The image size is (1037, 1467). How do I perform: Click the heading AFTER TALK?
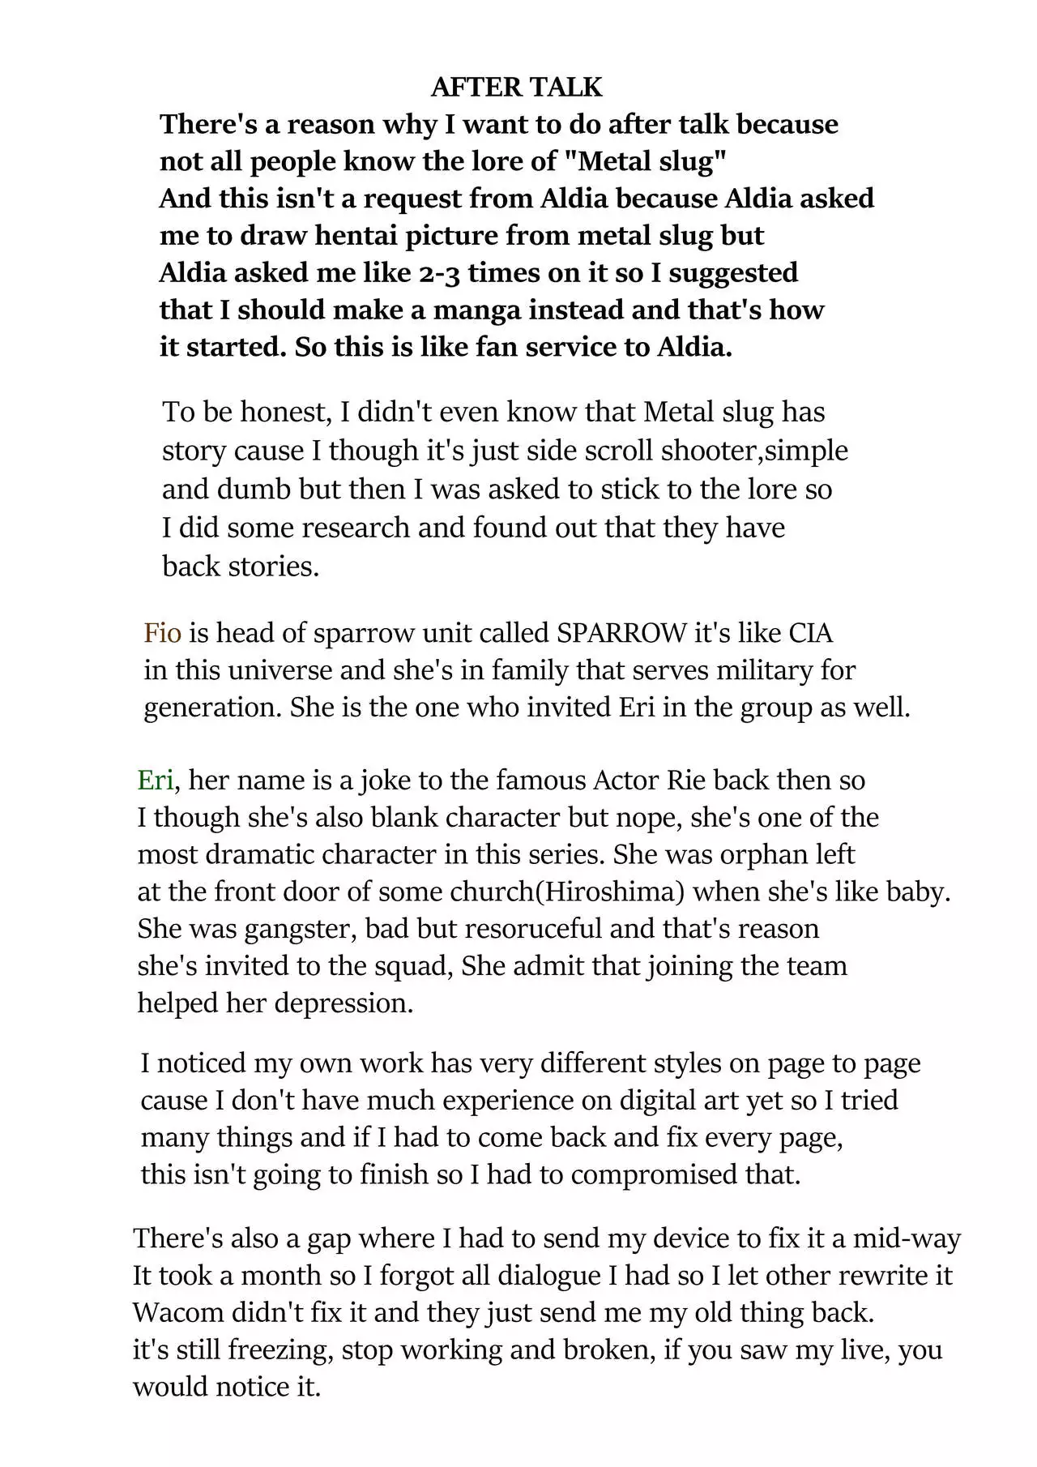(x=516, y=87)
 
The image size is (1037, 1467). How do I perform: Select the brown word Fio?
(x=162, y=633)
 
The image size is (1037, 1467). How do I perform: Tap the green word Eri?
(x=156, y=781)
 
